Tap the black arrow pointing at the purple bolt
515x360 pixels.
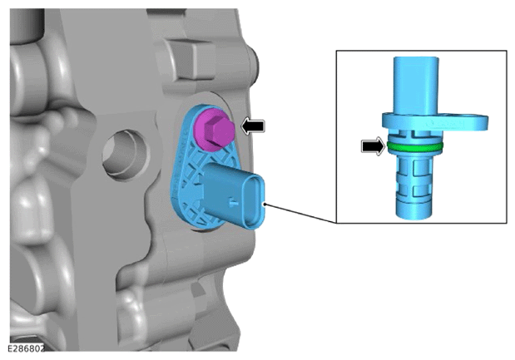[253, 126]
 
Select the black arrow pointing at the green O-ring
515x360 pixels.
[373, 146]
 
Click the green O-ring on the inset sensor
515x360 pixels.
[415, 146]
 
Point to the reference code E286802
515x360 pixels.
[26, 348]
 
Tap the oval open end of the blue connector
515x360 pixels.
[255, 201]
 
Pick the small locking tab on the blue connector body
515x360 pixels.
[234, 202]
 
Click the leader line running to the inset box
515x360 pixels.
[300, 214]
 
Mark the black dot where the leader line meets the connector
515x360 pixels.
[265, 205]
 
